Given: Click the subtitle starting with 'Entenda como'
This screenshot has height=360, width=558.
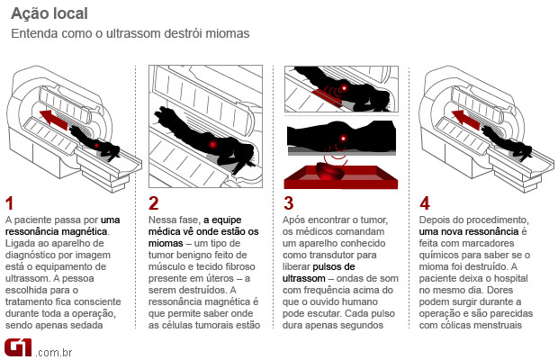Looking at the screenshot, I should [130, 34].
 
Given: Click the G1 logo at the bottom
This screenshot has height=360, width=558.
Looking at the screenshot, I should [18, 346].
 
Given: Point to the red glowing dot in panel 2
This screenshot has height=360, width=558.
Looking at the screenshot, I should [212, 142].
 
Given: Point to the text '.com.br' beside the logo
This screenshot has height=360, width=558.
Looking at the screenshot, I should [51, 350].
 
